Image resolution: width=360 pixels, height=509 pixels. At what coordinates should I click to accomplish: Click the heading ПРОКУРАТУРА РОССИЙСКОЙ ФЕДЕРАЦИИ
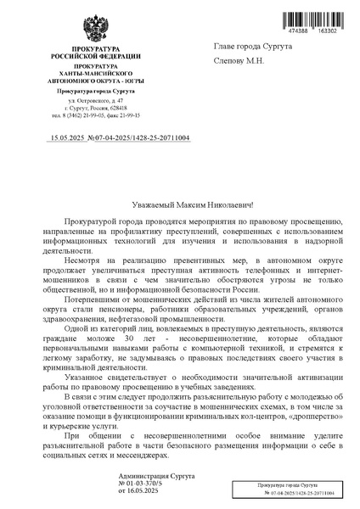[x=95, y=52]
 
